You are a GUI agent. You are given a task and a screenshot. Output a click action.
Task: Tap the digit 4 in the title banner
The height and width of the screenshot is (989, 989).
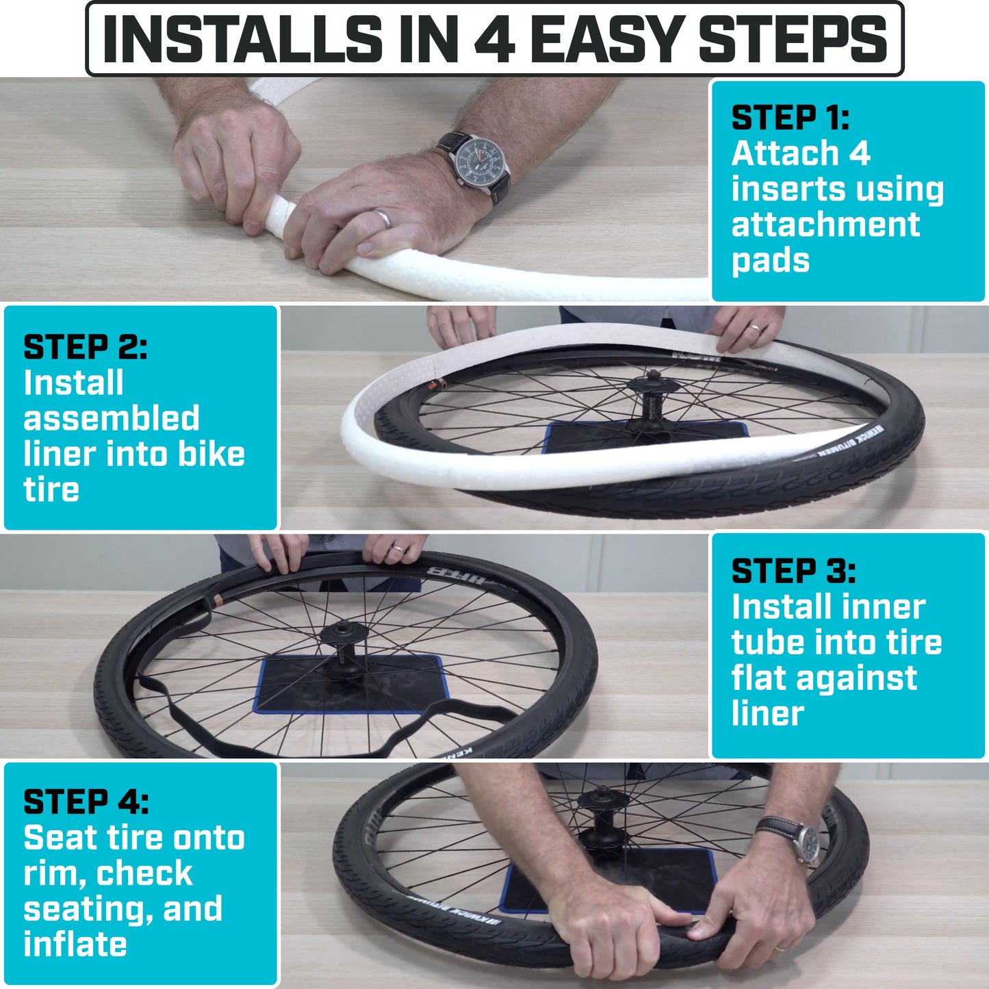(494, 39)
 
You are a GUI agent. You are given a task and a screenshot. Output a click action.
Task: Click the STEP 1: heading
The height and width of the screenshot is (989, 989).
(791, 118)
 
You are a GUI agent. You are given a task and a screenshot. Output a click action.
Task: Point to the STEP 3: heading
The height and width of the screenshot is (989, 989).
(793, 571)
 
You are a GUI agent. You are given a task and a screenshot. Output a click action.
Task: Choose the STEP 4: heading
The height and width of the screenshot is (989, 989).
(86, 801)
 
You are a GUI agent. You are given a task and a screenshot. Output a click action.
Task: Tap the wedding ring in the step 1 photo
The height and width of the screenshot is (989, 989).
(383, 218)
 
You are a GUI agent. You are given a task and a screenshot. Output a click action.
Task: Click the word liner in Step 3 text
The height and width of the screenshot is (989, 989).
(768, 713)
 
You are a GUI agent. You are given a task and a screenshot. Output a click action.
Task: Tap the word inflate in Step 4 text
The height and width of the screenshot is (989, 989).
(75, 944)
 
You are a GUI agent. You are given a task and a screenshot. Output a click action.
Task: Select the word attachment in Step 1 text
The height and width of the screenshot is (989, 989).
(825, 224)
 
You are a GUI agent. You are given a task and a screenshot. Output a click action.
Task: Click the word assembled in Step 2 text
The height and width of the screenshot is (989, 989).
(112, 418)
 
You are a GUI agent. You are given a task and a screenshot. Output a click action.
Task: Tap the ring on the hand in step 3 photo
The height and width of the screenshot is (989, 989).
(397, 549)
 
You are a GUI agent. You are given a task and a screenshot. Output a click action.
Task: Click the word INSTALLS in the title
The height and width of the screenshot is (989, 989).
(242, 39)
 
